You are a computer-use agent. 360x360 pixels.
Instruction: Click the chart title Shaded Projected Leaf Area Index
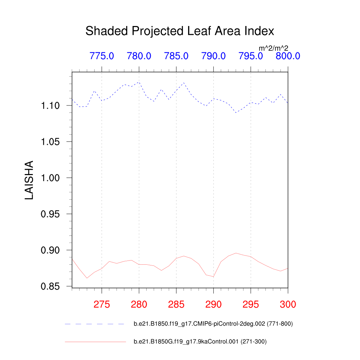pos(180,31)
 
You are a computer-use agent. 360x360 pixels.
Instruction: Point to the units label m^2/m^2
pos(274,48)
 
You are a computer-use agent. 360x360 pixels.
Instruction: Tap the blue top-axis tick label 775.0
pos(102,56)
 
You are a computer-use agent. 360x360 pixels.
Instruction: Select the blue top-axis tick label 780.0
pos(139,56)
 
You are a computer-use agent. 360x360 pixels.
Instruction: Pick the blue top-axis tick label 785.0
pos(176,56)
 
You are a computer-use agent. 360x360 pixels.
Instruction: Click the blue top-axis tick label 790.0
pos(213,56)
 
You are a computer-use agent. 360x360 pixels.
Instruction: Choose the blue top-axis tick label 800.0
pos(288,56)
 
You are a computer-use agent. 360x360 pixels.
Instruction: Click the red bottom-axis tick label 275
pos(102,304)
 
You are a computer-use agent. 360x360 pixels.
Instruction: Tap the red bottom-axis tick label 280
pos(139,304)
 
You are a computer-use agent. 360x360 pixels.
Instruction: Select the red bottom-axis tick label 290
pos(213,304)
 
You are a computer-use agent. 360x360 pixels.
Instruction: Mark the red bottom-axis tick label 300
pos(288,304)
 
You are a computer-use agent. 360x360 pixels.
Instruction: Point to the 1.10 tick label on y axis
pos(51,105)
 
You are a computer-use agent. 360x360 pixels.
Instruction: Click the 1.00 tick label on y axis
pos(51,178)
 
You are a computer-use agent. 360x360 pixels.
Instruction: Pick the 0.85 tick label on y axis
pos(51,287)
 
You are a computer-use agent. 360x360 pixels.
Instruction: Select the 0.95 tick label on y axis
pos(51,214)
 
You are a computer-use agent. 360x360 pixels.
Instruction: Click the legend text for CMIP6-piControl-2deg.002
pos(213,324)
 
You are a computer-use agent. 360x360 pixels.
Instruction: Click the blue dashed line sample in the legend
pos(95,324)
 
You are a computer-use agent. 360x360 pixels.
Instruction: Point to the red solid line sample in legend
pos(95,341)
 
